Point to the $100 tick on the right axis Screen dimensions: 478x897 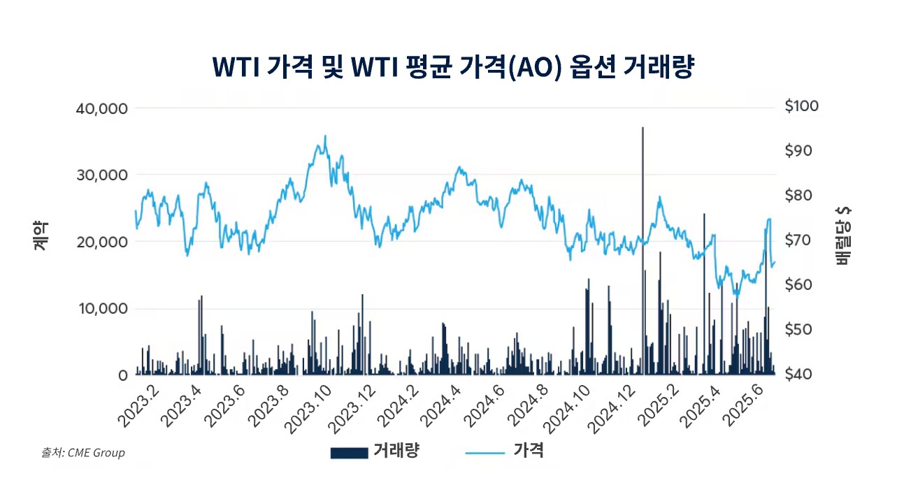pyautogui.click(x=801, y=106)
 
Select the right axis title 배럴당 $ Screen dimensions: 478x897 pyautogui.click(x=842, y=236)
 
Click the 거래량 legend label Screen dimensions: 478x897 pyautogui.click(x=396, y=451)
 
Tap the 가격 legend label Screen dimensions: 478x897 pyautogui.click(x=529, y=451)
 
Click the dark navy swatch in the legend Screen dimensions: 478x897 pyautogui.click(x=349, y=453)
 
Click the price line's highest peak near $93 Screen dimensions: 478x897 pyautogui.click(x=324, y=136)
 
